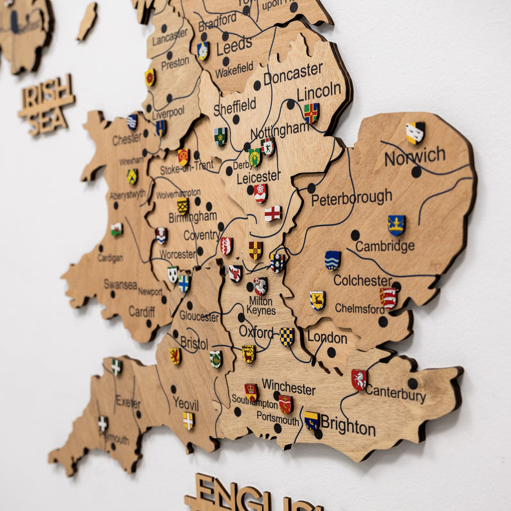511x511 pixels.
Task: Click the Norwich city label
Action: click(x=415, y=155)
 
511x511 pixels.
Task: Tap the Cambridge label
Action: click(x=385, y=246)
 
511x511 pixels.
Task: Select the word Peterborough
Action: click(x=351, y=197)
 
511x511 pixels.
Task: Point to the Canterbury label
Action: click(x=395, y=393)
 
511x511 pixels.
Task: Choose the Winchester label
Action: click(x=289, y=387)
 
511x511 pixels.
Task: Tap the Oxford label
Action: click(x=256, y=331)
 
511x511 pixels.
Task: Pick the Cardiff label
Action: click(x=142, y=311)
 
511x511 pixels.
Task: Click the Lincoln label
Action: click(x=319, y=91)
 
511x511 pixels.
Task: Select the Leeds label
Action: click(x=234, y=46)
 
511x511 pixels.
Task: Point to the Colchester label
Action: click(x=363, y=280)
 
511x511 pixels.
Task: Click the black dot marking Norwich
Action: click(x=416, y=171)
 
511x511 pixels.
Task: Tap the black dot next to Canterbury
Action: click(x=413, y=383)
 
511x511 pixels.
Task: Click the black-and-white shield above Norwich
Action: click(x=415, y=132)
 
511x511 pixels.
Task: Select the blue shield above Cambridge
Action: click(x=396, y=224)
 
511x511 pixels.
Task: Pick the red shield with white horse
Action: click(x=359, y=379)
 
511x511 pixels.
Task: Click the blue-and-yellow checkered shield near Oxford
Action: click(x=287, y=336)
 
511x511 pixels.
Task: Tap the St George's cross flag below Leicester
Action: click(x=273, y=213)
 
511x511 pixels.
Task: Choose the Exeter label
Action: click(x=128, y=402)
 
